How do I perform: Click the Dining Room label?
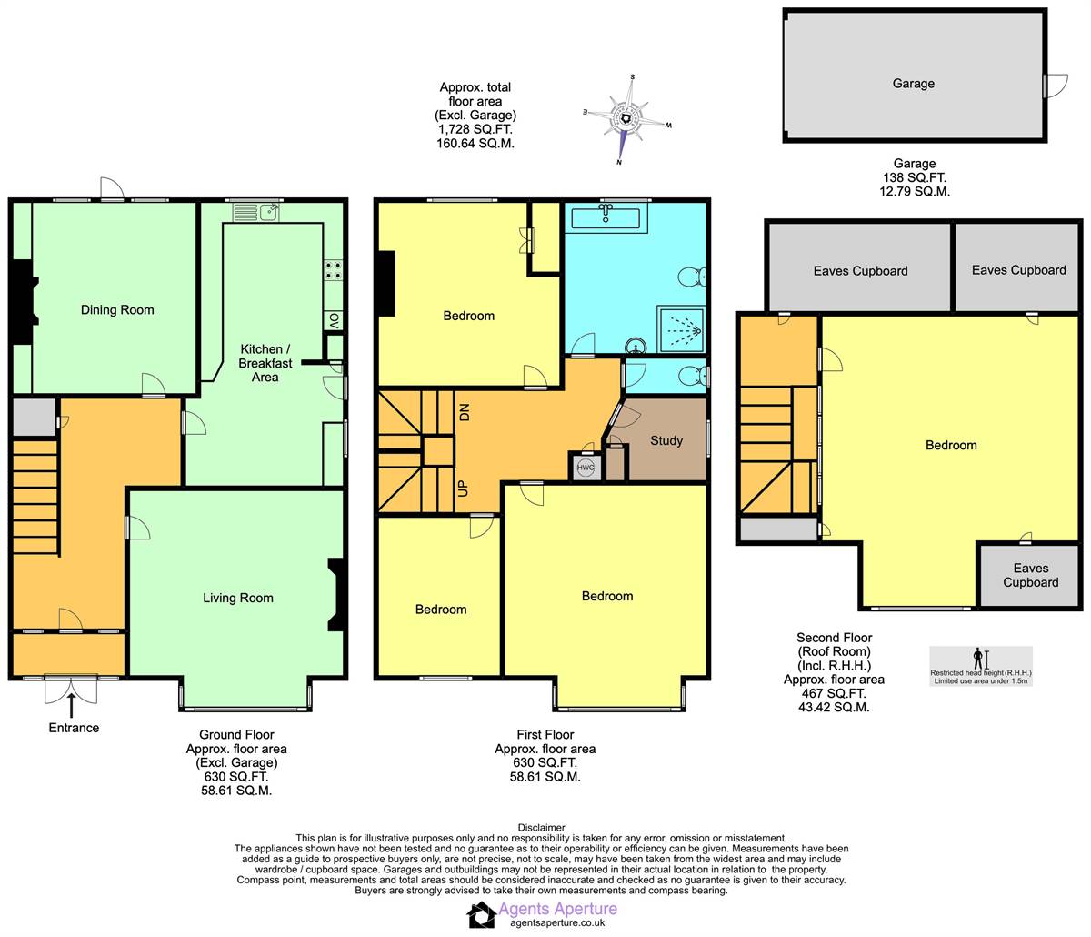coord(117,310)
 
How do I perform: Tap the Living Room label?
coord(238,598)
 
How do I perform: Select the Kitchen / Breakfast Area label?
coord(265,363)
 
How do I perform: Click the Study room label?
coord(666,440)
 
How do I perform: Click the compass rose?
coord(626,118)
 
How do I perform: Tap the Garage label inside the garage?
coord(913,84)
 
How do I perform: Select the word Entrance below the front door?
coord(74,728)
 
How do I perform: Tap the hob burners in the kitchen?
coord(333,270)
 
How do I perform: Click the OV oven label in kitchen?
coord(334,320)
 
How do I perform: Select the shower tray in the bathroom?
coord(680,329)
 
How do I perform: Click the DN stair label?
coord(464,411)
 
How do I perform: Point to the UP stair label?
coord(464,487)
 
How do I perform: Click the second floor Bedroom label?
coord(951,445)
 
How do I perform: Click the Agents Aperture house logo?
coord(481,914)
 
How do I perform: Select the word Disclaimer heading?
coord(541,828)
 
